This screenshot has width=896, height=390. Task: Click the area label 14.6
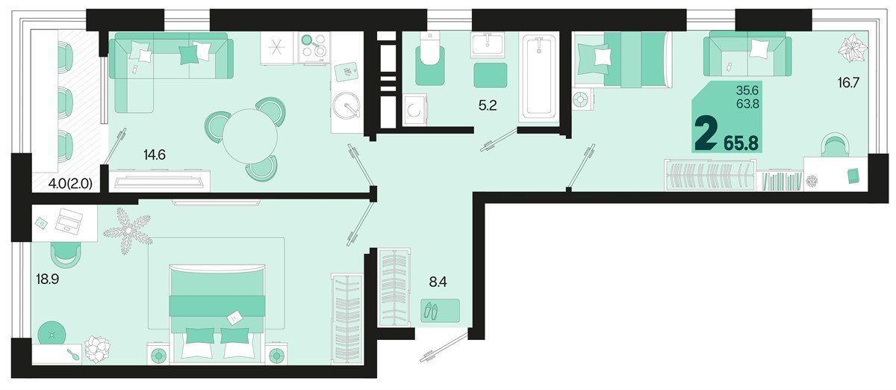coord(154,155)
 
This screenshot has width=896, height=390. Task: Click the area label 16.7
coord(848,83)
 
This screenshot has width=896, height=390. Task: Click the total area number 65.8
coord(741,141)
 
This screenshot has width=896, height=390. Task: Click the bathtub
coord(539,76)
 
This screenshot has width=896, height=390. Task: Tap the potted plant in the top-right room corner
coord(852,51)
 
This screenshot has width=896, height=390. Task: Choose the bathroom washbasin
coord(490,45)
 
